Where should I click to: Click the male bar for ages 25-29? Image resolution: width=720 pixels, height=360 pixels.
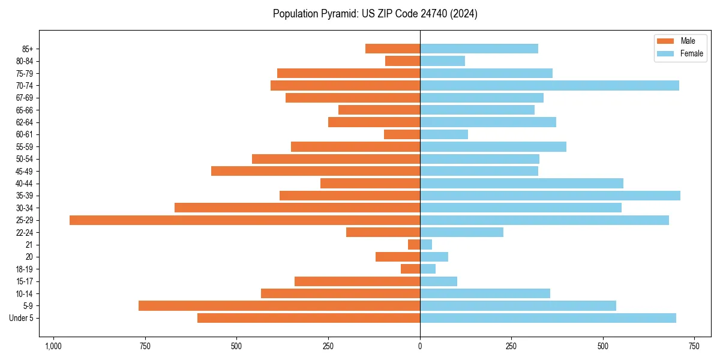[x=245, y=220]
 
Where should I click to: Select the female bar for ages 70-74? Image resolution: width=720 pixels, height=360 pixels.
[x=550, y=86]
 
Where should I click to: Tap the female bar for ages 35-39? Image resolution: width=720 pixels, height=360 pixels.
[x=550, y=196]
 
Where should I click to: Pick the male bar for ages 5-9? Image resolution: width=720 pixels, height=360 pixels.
[x=279, y=306]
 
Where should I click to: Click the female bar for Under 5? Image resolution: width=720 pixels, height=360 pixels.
[x=548, y=318]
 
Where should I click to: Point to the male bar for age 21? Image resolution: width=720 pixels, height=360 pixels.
[x=414, y=245]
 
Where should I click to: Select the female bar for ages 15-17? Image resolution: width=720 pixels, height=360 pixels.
[x=439, y=281]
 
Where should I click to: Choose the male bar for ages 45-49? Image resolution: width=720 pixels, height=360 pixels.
[x=316, y=171]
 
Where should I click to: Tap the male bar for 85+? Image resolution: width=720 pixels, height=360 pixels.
[x=392, y=49]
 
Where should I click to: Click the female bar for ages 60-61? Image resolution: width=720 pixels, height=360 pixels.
[x=444, y=134]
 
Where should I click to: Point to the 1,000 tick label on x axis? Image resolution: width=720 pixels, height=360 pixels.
[x=53, y=347]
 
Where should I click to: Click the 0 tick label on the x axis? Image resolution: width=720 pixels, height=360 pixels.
[x=420, y=347]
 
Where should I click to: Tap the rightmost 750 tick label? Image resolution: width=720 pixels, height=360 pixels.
[x=694, y=347]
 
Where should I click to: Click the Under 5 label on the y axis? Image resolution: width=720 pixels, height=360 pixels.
[x=22, y=318]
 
